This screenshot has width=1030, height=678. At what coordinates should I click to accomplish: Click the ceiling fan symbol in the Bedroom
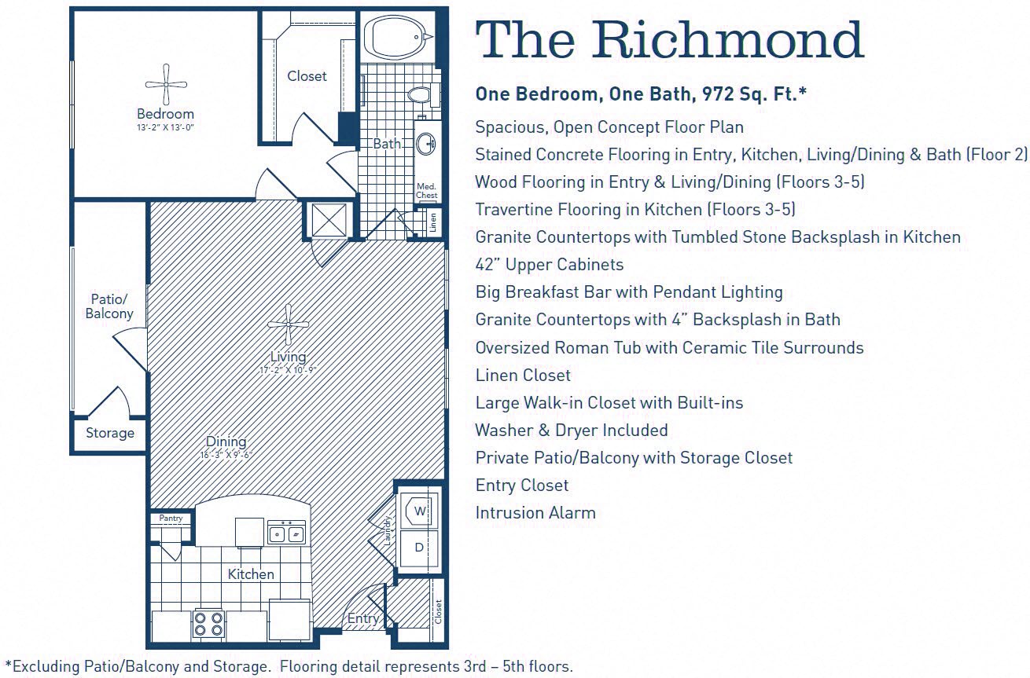(167, 85)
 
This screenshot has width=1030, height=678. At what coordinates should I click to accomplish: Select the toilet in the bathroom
(421, 95)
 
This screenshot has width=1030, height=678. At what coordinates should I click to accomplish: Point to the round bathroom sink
(426, 144)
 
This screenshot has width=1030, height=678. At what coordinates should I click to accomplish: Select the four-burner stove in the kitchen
(209, 624)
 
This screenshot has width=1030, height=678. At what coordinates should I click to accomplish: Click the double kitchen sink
(286, 533)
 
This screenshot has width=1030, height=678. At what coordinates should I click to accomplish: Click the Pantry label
(171, 519)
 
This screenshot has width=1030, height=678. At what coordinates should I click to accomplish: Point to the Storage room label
(110, 434)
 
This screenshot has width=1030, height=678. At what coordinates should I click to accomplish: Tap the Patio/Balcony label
(110, 306)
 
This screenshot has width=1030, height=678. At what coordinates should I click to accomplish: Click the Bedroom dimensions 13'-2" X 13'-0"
(165, 127)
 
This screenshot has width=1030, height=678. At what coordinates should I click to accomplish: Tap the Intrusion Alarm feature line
(535, 513)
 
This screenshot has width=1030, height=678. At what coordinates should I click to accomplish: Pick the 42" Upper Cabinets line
(549, 265)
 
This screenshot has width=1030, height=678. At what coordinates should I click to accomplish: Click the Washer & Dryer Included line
(571, 431)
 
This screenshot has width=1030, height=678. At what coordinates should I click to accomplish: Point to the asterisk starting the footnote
(8, 665)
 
